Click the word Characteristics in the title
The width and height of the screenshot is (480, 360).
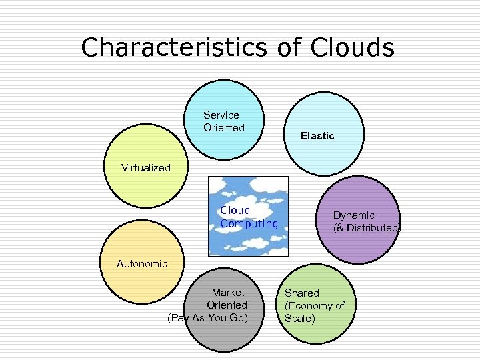(x=174, y=47)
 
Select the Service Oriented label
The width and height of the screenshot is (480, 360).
(x=224, y=121)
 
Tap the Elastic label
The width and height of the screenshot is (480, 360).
(x=317, y=136)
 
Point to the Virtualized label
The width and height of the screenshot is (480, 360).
(x=146, y=168)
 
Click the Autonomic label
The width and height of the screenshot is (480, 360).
(x=142, y=264)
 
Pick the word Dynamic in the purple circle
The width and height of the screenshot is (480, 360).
(x=354, y=215)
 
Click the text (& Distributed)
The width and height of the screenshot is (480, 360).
(x=367, y=227)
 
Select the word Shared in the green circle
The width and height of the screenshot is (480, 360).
(x=302, y=293)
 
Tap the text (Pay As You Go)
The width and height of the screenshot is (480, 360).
(x=207, y=318)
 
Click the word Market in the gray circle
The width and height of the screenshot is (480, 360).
(x=228, y=292)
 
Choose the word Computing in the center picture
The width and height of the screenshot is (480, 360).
(x=249, y=224)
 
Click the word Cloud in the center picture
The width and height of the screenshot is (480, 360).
(x=235, y=211)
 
